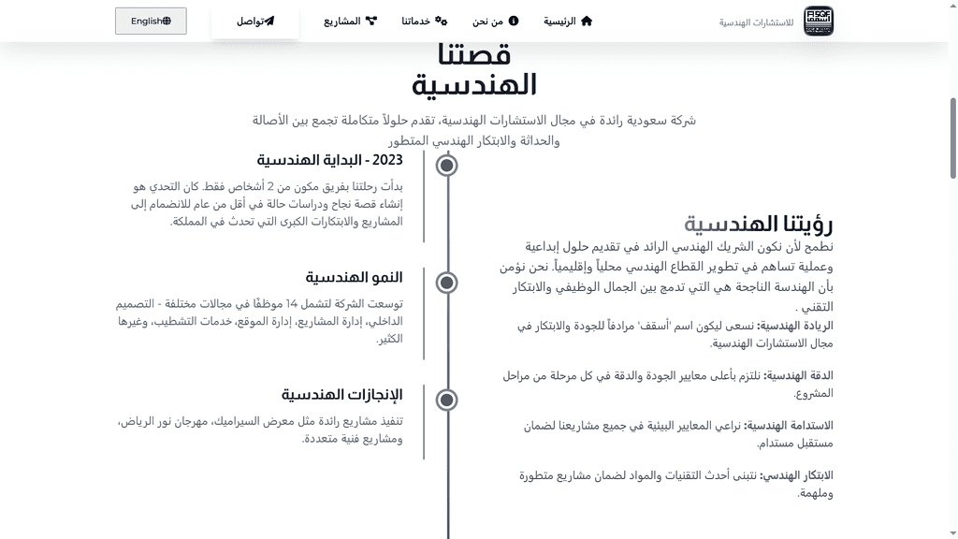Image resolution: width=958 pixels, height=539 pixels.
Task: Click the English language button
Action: pos(151,21)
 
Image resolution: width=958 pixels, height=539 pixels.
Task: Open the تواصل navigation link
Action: pos(254,21)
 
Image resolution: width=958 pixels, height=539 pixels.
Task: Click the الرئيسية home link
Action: pos(568,21)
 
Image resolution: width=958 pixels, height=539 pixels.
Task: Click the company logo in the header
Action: pos(819,21)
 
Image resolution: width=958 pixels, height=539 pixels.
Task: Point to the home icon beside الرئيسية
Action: pos(587,21)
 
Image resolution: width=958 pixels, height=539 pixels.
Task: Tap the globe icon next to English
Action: pos(167,21)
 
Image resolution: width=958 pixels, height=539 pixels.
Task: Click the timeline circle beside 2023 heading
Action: pos(447,166)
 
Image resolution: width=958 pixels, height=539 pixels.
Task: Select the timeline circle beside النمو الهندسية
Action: pos(447,283)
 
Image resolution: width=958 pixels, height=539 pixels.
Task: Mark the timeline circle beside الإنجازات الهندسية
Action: pos(447,400)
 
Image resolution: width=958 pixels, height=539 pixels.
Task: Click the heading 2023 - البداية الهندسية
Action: pos(329,160)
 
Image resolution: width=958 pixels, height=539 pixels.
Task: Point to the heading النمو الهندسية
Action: pos(354,277)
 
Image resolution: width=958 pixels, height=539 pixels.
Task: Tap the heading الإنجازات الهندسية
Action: pos(341,394)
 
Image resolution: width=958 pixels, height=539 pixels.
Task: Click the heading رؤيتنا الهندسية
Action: pos(758,224)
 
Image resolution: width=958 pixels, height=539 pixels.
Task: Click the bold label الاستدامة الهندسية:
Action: pos(789,425)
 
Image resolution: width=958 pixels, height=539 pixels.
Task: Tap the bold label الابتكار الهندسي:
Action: pos(795,475)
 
